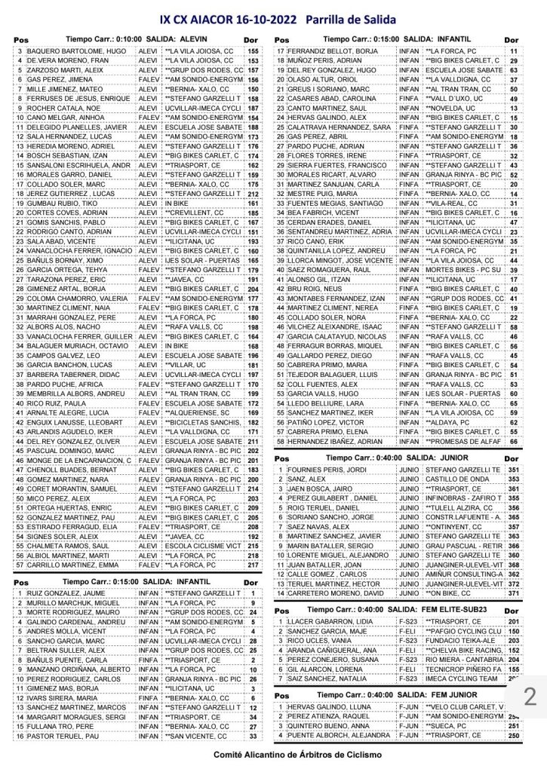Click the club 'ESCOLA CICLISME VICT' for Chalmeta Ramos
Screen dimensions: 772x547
tap(201, 545)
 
